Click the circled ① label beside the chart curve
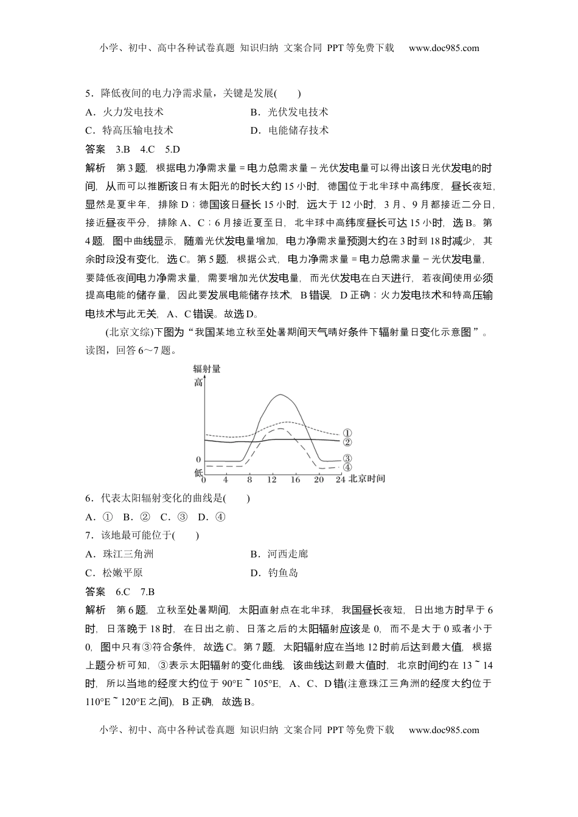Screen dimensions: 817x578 (x=347, y=433)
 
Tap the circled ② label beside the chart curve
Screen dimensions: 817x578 (x=347, y=442)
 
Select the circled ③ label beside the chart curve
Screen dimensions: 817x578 (x=347, y=459)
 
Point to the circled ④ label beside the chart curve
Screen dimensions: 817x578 (x=347, y=467)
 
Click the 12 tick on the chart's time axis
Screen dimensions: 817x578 (x=271, y=479)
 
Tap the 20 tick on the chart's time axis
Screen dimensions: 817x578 (x=318, y=479)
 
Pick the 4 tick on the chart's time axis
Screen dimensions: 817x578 (x=226, y=479)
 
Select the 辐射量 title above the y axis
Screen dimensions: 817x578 (x=207, y=368)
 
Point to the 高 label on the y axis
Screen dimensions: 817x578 (x=198, y=382)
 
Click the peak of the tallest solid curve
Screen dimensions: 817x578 (x=280, y=395)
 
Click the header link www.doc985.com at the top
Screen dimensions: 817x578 (x=444, y=48)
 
